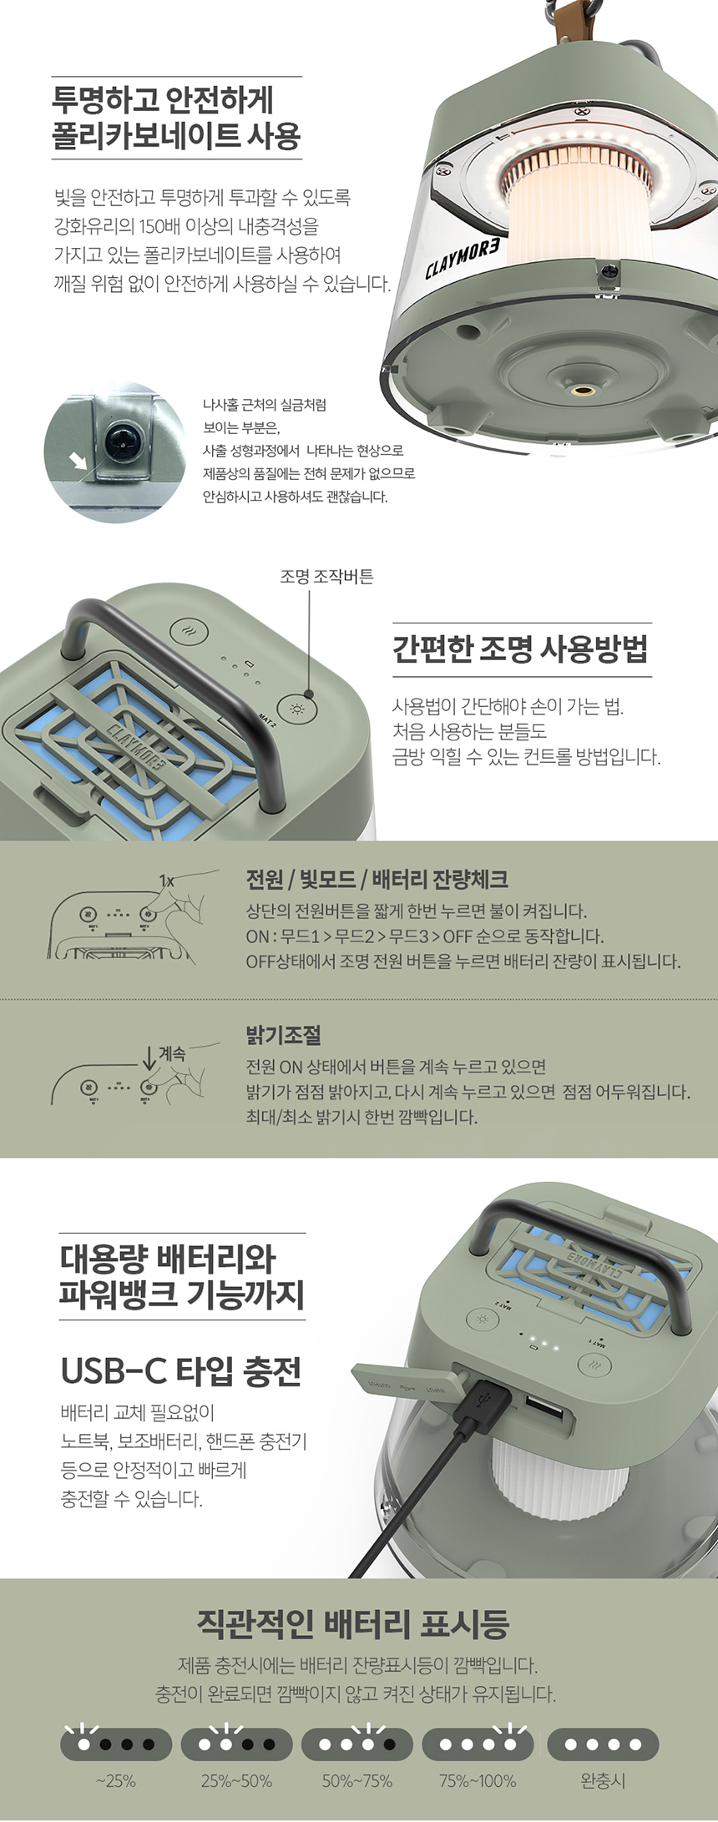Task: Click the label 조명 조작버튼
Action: tap(326, 576)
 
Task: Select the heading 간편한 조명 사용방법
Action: tap(521, 649)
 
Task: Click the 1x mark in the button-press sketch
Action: tap(166, 881)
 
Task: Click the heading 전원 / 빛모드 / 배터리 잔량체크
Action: tap(377, 879)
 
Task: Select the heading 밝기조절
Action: tap(283, 1035)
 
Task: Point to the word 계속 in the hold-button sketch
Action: tap(172, 1053)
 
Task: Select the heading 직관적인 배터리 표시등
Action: tap(352, 1624)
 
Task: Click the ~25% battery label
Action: tap(115, 1781)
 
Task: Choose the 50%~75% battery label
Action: tap(357, 1781)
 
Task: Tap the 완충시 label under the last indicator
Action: tap(603, 1781)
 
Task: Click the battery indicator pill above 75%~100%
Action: tap(478, 1744)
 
